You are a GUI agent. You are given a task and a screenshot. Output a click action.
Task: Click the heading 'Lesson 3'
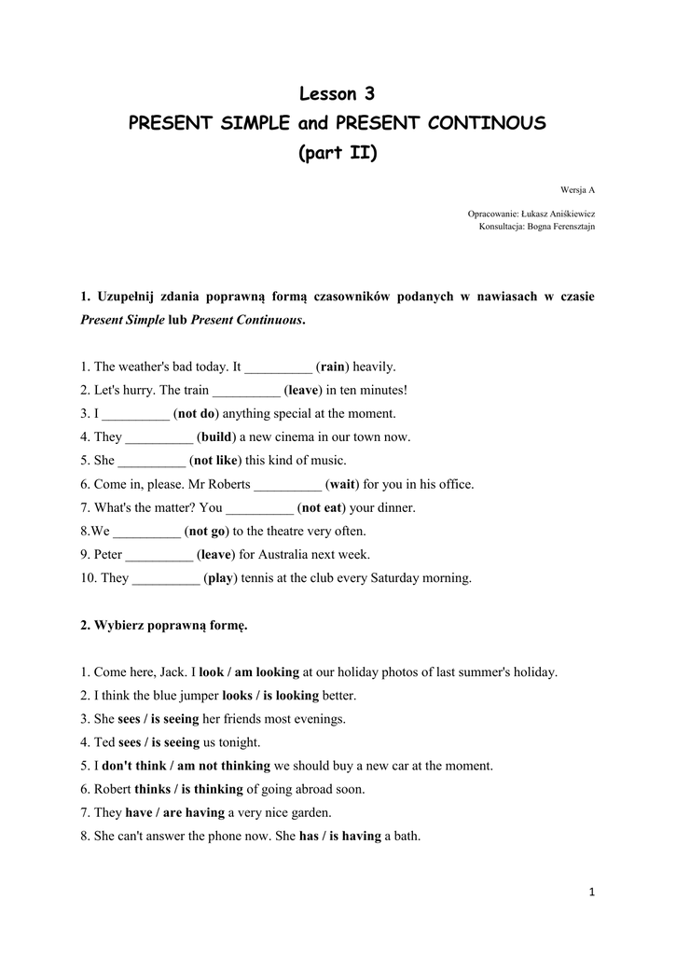tap(338, 93)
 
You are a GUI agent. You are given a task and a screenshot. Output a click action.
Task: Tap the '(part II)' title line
tap(338, 153)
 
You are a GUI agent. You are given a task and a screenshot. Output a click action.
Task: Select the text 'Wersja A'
tap(578, 190)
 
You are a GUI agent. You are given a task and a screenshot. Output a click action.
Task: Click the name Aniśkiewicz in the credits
tap(565, 214)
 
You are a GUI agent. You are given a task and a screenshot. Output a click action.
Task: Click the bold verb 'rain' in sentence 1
tap(333, 367)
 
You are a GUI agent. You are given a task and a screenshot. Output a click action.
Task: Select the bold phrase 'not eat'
tap(320, 508)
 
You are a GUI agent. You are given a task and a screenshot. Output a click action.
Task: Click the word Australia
tap(278, 555)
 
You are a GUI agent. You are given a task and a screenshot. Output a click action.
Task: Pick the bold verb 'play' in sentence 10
tap(220, 578)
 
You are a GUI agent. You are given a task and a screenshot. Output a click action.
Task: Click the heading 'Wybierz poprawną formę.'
tap(164, 625)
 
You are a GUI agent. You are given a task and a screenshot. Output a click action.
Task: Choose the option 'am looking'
tap(267, 672)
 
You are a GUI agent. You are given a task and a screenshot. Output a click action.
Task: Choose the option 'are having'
tap(194, 813)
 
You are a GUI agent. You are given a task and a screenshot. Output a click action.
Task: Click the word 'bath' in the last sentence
tap(406, 837)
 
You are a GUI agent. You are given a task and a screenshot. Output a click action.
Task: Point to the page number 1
tap(591, 893)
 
